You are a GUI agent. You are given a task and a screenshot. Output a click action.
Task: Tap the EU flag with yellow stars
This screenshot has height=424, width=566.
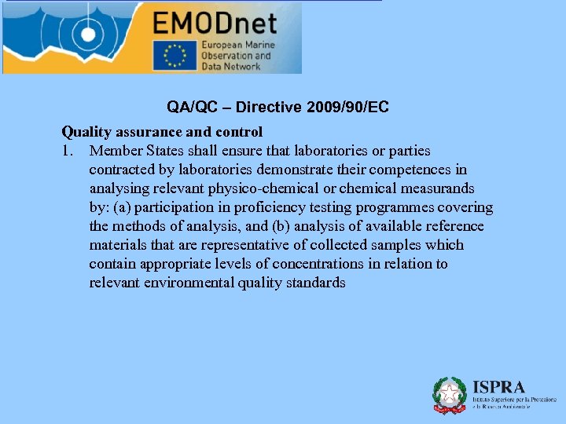click(175, 56)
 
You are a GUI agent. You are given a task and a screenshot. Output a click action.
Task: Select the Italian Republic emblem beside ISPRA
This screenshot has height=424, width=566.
click(450, 395)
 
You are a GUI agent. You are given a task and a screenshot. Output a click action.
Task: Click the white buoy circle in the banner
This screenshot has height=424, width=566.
click(86, 35)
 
